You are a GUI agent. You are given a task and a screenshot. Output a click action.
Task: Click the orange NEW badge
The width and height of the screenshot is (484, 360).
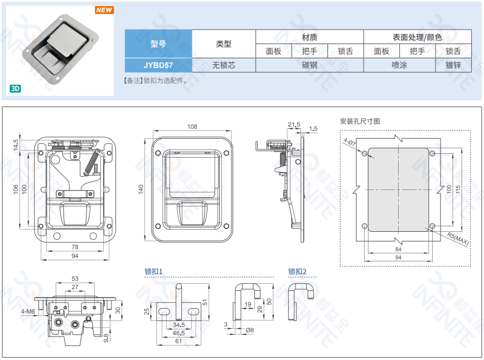[104, 10]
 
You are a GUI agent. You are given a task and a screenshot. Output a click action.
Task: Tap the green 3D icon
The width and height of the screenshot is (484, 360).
[16, 88]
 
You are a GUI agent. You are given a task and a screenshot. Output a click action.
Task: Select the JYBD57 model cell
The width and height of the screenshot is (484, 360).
[158, 65]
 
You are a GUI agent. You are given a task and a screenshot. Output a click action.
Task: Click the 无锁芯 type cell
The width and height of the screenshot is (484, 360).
[224, 65]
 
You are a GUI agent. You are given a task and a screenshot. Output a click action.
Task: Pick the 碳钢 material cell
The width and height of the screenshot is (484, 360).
[309, 65]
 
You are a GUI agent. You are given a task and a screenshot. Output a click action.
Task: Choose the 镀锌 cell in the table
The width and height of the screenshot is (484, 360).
[453, 65]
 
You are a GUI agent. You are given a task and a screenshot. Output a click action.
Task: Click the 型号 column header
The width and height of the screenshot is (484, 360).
[158, 43]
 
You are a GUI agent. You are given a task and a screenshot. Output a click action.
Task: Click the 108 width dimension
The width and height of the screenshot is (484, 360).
[192, 127]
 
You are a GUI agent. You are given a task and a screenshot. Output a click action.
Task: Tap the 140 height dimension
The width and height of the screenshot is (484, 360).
[141, 189]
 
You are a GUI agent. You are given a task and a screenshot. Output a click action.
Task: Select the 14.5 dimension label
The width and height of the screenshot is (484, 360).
[16, 144]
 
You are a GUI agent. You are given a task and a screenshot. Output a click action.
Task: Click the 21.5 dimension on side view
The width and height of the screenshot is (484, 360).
[294, 124]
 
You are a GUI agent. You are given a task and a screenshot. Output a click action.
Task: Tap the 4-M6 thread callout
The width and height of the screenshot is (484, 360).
[27, 311]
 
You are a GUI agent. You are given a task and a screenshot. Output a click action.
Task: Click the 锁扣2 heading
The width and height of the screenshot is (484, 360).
[297, 271]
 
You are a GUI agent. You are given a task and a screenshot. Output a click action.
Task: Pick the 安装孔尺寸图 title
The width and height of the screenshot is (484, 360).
[360, 121]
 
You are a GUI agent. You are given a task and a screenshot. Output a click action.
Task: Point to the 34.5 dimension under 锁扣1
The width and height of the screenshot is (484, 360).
[178, 324]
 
